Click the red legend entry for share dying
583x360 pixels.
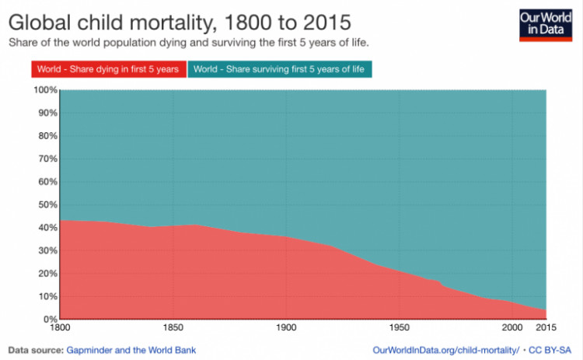pyautogui.click(x=110, y=69)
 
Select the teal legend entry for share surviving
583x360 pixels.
pyautogui.click(x=278, y=69)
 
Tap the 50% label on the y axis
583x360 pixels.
pyautogui.click(x=46, y=204)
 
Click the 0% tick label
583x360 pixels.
pyautogui.click(x=49, y=320)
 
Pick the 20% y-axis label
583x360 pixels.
pyautogui.click(x=46, y=274)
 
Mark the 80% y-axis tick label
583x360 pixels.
pyautogui.click(x=46, y=136)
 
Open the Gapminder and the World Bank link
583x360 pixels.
pyautogui.click(x=131, y=350)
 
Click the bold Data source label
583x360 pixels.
pyautogui.click(x=36, y=350)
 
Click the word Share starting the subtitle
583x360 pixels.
pyautogui.click(x=23, y=41)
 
